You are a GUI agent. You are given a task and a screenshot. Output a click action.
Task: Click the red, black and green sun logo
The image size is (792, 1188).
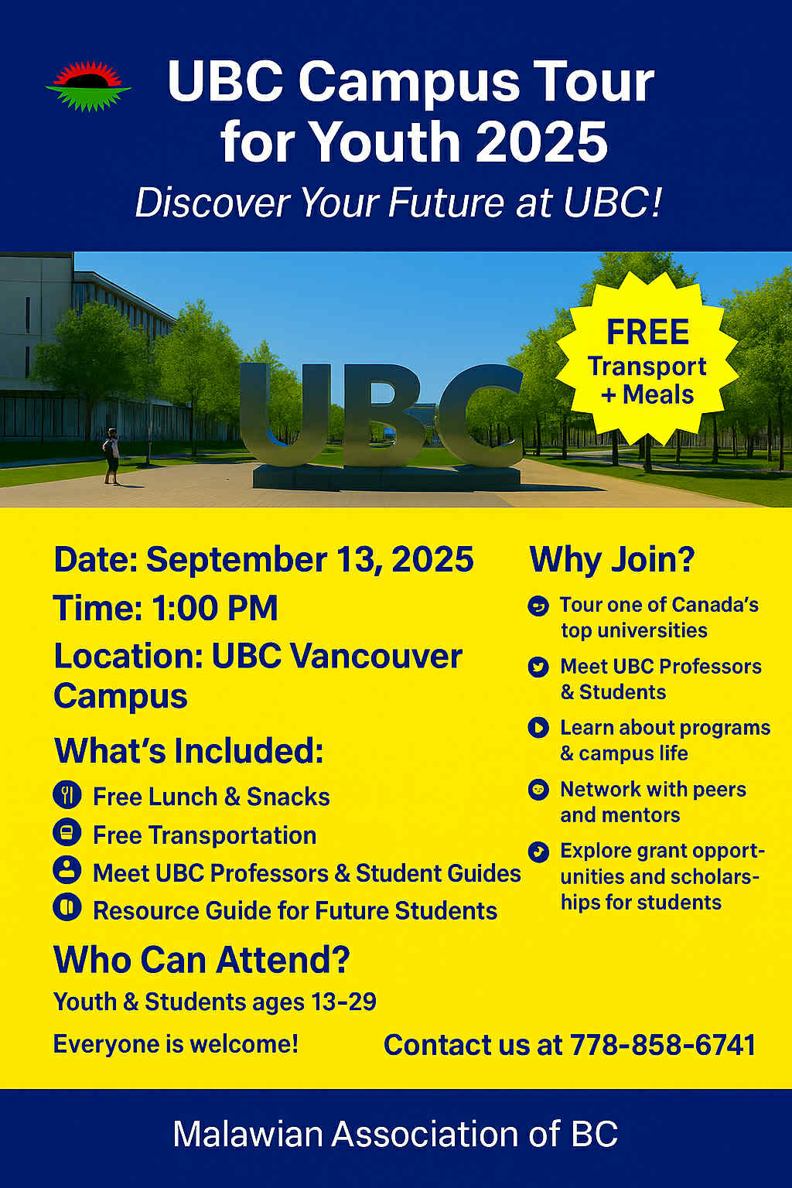coord(89,87)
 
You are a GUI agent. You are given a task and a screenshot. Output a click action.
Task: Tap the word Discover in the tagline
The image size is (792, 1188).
coord(213,203)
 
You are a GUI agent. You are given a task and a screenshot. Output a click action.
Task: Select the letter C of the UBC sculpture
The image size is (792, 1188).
coord(481,415)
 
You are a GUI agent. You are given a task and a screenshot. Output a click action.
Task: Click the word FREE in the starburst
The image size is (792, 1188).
coord(647,333)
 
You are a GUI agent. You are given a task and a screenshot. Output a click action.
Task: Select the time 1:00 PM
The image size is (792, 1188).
coord(215,608)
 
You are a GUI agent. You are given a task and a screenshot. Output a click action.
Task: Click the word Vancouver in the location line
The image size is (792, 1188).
coord(337,657)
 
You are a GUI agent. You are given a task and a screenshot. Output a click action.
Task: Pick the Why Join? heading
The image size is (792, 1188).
coord(612,559)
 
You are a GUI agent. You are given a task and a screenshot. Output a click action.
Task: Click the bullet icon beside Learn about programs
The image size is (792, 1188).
coord(538,728)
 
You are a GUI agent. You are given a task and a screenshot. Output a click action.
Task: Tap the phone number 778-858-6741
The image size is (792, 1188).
coord(663,1046)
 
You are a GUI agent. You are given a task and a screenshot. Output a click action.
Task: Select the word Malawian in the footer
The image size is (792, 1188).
coord(247,1135)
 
